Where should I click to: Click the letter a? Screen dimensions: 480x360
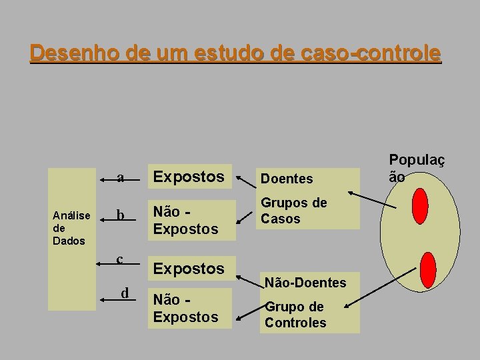tap(120, 178)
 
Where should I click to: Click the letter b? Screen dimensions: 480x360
tap(120, 216)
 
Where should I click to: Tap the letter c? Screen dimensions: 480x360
tap(119, 259)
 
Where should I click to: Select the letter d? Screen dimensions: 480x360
tap(125, 293)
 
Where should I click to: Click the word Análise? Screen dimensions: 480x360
tap(71, 215)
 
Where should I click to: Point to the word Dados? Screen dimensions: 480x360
tap(69, 241)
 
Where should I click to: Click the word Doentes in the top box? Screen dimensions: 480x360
tap(287, 179)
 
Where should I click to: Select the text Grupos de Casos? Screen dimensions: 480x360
tap(293, 211)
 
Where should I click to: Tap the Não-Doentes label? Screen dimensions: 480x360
tap(305, 283)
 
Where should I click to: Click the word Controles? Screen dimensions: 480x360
tap(295, 323)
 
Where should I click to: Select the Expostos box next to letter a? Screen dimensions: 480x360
tap(189, 177)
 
